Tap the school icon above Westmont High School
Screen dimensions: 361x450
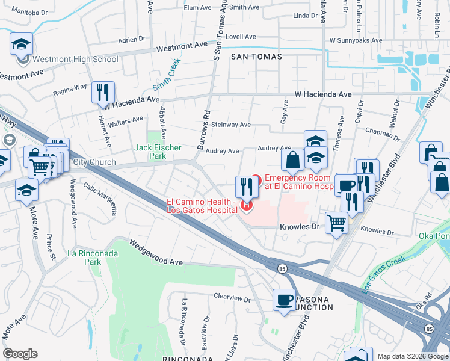pos(22,44)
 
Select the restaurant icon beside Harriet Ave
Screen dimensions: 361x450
pos(103,93)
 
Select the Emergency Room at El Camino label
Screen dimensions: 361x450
pos(298,182)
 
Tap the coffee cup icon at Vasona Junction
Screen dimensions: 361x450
pos(284,300)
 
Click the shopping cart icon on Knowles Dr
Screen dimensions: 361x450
pos(337,223)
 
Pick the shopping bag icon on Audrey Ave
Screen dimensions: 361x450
pos(292,161)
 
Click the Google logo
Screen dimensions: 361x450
pos(20,353)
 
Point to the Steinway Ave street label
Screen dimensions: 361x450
pos(231,125)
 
